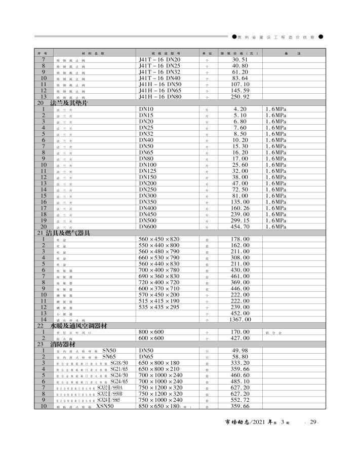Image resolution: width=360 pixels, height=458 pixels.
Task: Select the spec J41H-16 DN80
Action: pos(159,97)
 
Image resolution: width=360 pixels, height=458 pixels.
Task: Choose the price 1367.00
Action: pos(241,319)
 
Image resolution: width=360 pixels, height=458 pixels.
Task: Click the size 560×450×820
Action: pos(159,239)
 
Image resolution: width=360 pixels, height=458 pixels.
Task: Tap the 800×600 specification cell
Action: pos(151,332)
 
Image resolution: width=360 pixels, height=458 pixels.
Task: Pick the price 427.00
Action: pos(241,338)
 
